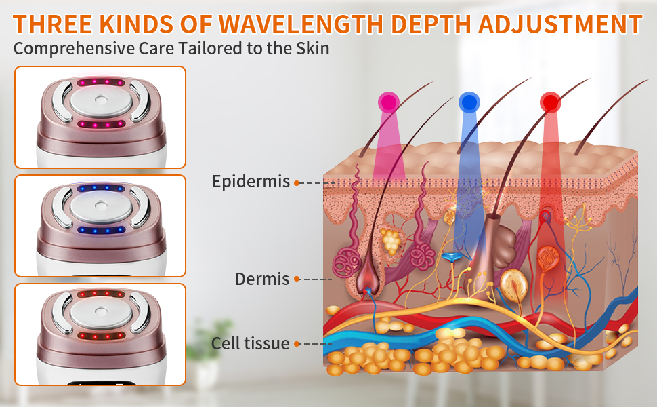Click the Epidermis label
click(x=251, y=182)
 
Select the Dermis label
click(x=262, y=279)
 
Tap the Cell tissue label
click(x=250, y=343)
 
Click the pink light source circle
click(x=388, y=102)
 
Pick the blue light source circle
click(x=469, y=102)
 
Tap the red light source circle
click(x=550, y=102)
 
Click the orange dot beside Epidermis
click(x=297, y=182)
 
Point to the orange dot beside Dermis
click(x=296, y=279)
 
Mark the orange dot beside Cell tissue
click(x=297, y=344)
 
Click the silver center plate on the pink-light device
click(x=100, y=100)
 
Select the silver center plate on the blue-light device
click(x=100, y=208)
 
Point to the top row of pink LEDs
click(x=100, y=83)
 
